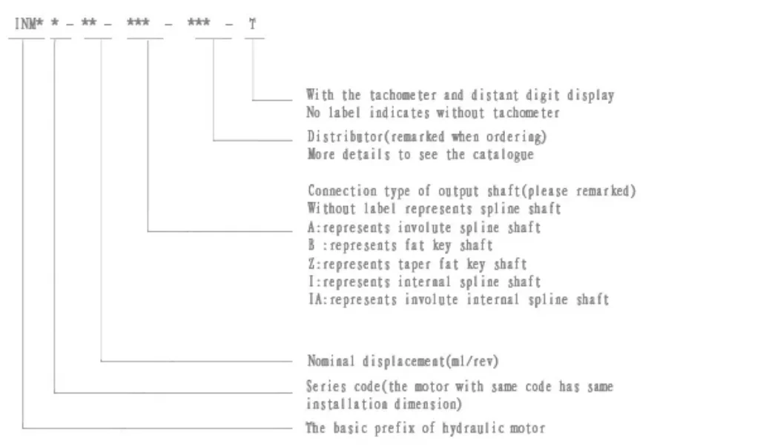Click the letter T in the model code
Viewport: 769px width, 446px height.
(253, 25)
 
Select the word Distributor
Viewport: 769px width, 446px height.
(341, 137)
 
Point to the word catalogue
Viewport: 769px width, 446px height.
(504, 155)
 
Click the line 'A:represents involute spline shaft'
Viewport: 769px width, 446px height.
(423, 227)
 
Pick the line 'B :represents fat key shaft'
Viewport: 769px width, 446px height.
(400, 245)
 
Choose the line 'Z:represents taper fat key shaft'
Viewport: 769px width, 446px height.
(417, 264)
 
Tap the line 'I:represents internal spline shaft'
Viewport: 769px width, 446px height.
(423, 282)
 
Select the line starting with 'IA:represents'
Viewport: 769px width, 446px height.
(458, 300)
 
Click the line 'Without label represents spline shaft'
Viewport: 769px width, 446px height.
(434, 209)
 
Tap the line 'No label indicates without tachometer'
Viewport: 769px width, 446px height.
(433, 113)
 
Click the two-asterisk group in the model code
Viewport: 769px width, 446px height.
(89, 25)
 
